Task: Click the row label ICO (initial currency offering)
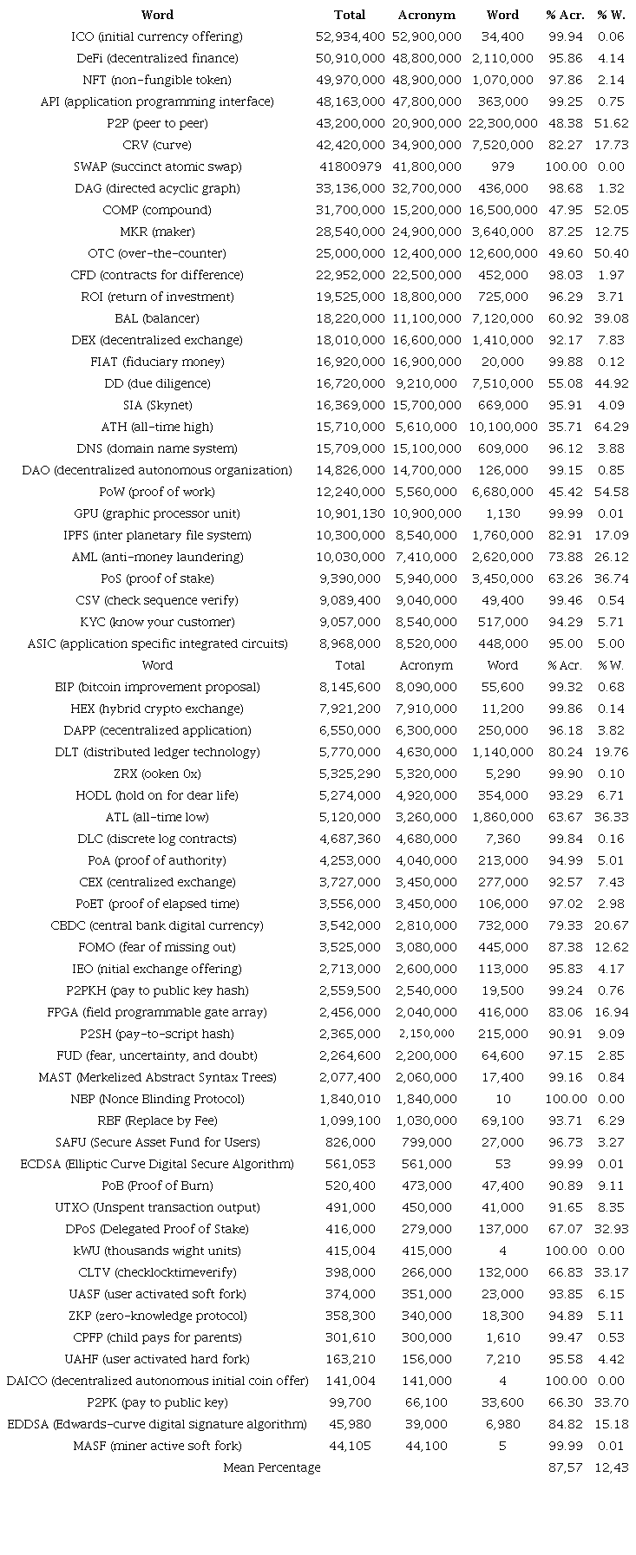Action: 157,36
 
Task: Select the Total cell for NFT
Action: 350,80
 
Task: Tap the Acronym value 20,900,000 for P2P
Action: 426,123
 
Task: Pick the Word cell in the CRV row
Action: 502,145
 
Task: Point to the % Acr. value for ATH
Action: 566,427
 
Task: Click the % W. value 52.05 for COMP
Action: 611,210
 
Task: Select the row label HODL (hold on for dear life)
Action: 157,795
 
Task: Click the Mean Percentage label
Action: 272,1467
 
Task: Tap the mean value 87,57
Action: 566,1467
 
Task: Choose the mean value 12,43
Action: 611,1467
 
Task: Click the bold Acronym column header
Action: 426,15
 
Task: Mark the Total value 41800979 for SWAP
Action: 350,167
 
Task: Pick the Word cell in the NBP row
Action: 502,1099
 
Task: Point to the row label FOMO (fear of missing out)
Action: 157,947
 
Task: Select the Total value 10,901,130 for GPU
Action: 350,513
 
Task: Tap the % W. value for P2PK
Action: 611,1402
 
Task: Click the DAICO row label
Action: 157,1381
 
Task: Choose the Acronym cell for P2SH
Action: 426,1034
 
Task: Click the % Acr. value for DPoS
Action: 566,1229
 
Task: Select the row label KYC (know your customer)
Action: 157,622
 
